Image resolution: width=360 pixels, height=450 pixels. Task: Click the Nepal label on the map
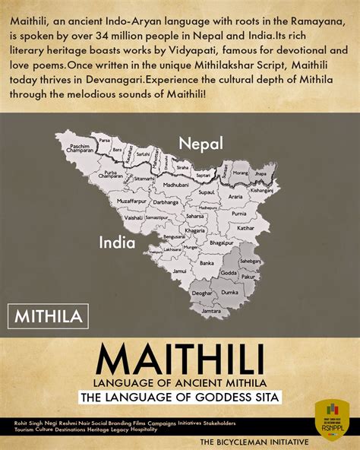pyautogui.click(x=201, y=143)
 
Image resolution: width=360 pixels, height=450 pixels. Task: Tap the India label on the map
pyautogui.click(x=117, y=243)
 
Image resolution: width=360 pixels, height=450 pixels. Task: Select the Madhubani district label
pyautogui.click(x=176, y=185)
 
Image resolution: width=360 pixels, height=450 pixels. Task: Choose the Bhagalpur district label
pyautogui.click(x=220, y=242)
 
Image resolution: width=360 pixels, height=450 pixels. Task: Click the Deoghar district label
pyautogui.click(x=202, y=293)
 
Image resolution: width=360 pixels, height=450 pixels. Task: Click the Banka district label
pyautogui.click(x=207, y=263)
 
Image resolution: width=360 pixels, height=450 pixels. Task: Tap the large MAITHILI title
pyautogui.click(x=179, y=358)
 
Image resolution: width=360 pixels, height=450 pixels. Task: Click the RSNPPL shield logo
pyautogui.click(x=331, y=419)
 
